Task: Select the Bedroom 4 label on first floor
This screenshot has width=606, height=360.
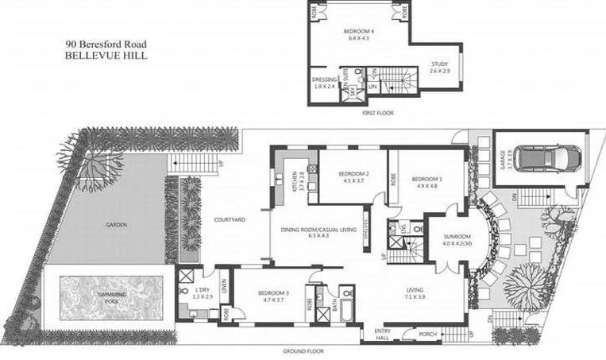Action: click(x=358, y=32)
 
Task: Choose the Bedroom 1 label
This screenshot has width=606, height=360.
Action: click(x=427, y=180)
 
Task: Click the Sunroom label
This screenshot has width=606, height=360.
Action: click(x=457, y=237)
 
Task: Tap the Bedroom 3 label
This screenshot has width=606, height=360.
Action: click(x=273, y=293)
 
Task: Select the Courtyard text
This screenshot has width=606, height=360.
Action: click(x=228, y=219)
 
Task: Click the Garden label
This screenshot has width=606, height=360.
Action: click(x=116, y=225)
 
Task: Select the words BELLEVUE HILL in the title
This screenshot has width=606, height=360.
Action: click(x=107, y=57)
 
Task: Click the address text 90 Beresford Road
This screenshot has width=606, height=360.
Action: click(x=107, y=46)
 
